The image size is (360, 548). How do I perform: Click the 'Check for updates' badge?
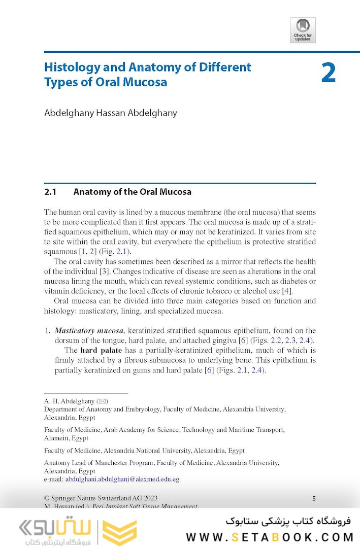303,30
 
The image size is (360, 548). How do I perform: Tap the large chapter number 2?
329,73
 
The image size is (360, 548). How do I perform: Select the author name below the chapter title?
111,113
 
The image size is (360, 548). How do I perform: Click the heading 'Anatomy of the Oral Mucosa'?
132,192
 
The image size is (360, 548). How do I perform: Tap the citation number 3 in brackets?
104,271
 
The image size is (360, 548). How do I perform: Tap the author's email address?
122,479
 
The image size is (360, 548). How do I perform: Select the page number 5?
314,499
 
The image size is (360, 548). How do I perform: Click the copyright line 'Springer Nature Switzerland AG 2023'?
108,498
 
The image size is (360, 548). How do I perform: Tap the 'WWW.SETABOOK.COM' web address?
269,537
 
